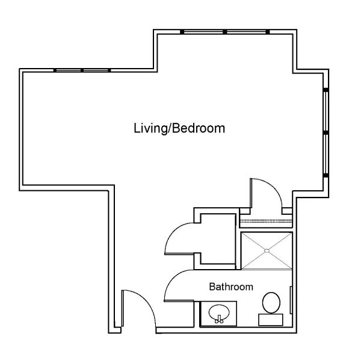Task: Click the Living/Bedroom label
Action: click(x=179, y=128)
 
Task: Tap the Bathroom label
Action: click(x=231, y=287)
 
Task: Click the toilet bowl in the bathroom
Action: click(x=271, y=303)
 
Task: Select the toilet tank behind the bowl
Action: click(x=271, y=320)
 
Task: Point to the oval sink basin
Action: click(x=219, y=312)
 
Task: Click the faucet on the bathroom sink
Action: click(x=219, y=319)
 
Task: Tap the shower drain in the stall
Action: click(x=267, y=250)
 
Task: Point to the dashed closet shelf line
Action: click(x=266, y=222)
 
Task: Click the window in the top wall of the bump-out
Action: click(x=224, y=32)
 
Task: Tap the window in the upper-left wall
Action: click(x=82, y=70)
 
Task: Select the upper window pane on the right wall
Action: click(x=326, y=111)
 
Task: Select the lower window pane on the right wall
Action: click(x=326, y=154)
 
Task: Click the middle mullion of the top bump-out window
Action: click(x=224, y=32)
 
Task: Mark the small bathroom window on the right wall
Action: click(x=291, y=300)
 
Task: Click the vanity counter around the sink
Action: click(x=218, y=314)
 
